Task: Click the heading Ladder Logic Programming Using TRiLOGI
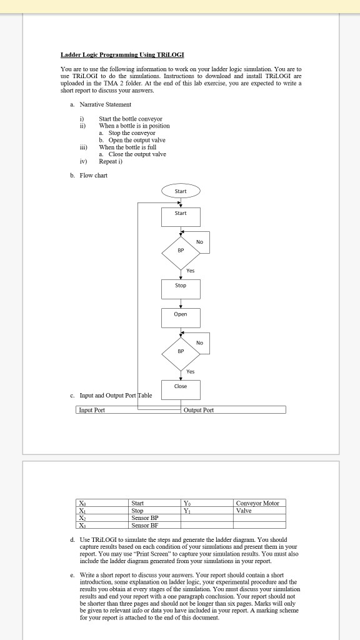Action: pos(122,56)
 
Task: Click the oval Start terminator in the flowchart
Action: pos(180,191)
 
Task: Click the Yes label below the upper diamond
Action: pos(191,271)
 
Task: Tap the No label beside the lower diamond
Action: pos(199,342)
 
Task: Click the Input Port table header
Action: pos(91,410)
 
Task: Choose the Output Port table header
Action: pos(199,410)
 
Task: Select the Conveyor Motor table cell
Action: pos(257,503)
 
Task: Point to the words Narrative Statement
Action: pos(105,104)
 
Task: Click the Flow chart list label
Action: pos(93,176)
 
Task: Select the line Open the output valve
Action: pos(136,140)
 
